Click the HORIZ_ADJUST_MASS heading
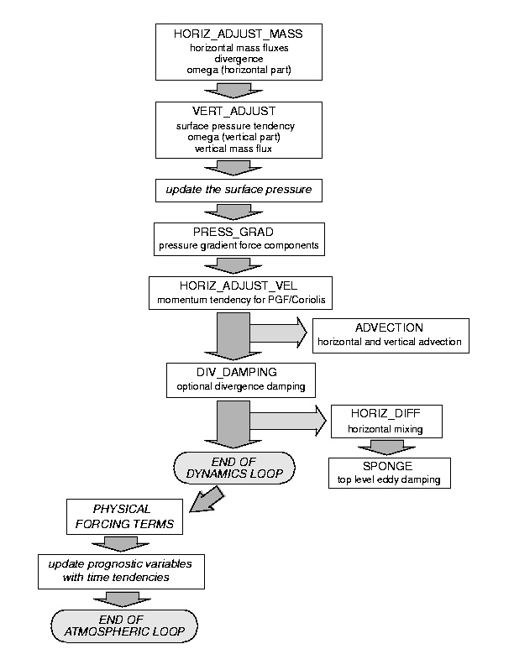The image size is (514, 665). click(x=239, y=34)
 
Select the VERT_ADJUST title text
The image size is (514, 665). click(x=234, y=111)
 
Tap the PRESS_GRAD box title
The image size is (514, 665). click(x=233, y=232)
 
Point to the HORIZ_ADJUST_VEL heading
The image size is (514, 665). click(x=239, y=285)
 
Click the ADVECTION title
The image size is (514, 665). click(x=390, y=327)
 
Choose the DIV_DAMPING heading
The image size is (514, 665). click(x=237, y=372)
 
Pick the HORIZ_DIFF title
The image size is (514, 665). click(x=385, y=413)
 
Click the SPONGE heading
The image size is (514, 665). click(x=388, y=466)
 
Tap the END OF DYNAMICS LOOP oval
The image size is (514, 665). click(x=234, y=468)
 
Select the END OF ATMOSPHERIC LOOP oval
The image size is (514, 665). click(x=124, y=626)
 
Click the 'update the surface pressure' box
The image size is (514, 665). click(x=239, y=191)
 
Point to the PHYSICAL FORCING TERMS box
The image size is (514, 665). click(x=124, y=516)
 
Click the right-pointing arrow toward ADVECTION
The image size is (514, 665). click(x=278, y=332)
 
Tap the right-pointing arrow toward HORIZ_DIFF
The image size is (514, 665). click(x=288, y=421)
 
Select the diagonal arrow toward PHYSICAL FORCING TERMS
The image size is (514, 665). click(x=207, y=500)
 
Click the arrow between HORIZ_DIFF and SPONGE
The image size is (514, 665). click(x=387, y=448)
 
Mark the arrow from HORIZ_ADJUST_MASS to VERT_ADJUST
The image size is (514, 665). click(x=233, y=91)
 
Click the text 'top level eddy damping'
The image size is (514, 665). click(x=389, y=479)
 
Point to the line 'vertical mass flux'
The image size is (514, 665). click(x=233, y=149)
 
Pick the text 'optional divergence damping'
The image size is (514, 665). click(x=241, y=387)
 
